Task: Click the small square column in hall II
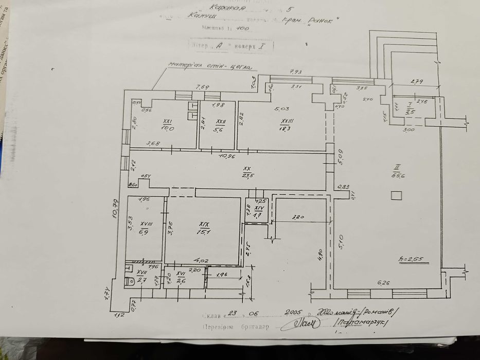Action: [396, 196]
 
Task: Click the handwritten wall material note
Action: [210, 66]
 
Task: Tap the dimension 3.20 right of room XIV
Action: [297, 218]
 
